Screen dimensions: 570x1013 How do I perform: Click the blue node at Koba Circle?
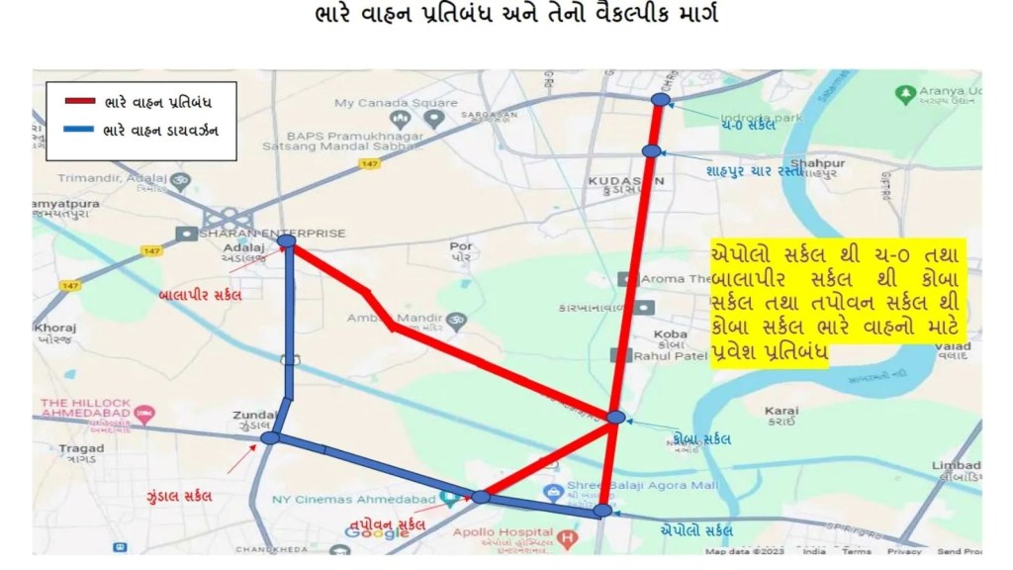pyautogui.click(x=616, y=418)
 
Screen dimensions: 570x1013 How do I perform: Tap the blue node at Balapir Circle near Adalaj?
pyautogui.click(x=287, y=240)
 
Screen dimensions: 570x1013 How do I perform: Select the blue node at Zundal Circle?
pyautogui.click(x=271, y=437)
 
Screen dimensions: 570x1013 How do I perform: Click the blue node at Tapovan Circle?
pyautogui.click(x=481, y=497)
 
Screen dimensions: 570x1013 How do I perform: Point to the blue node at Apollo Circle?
pyautogui.click(x=603, y=511)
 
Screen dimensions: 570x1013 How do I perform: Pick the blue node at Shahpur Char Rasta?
pyautogui.click(x=650, y=150)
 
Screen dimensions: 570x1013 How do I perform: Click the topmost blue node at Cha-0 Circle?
pyautogui.click(x=661, y=99)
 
